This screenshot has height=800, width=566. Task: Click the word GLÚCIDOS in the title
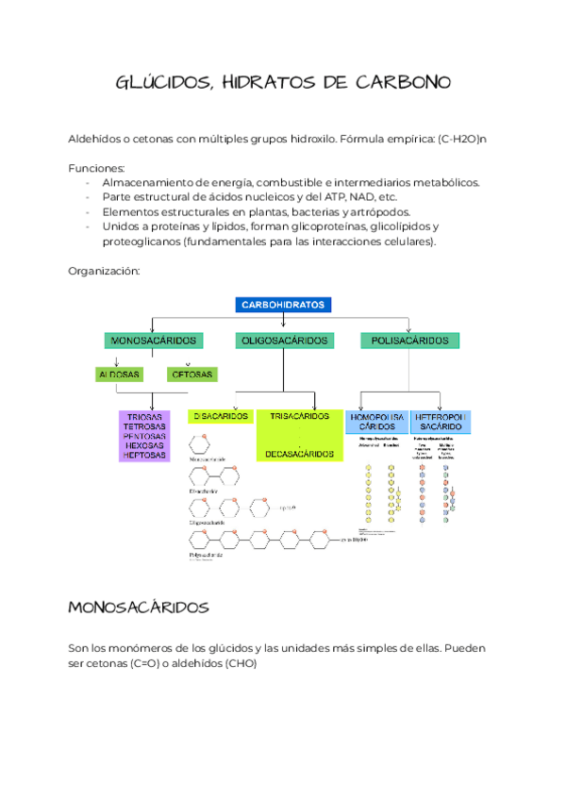point(158,83)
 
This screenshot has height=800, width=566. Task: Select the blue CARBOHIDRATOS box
point(283,306)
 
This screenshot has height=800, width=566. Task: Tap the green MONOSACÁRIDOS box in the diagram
point(154,340)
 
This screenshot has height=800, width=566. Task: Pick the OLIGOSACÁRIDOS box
point(283,340)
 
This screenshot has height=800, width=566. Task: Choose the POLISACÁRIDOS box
point(410,340)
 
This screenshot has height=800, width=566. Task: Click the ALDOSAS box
point(120,375)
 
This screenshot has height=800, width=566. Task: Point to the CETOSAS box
point(191,375)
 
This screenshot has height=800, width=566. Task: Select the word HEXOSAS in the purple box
point(144,446)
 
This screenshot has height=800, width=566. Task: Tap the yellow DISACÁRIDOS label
point(220,416)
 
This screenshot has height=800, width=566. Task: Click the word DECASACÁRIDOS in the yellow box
point(299,454)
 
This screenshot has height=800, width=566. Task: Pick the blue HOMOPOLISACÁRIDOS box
point(376,422)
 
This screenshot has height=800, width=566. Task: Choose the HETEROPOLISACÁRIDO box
point(441,422)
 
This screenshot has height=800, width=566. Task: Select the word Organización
point(104,271)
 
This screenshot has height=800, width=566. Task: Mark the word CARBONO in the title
point(400,83)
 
